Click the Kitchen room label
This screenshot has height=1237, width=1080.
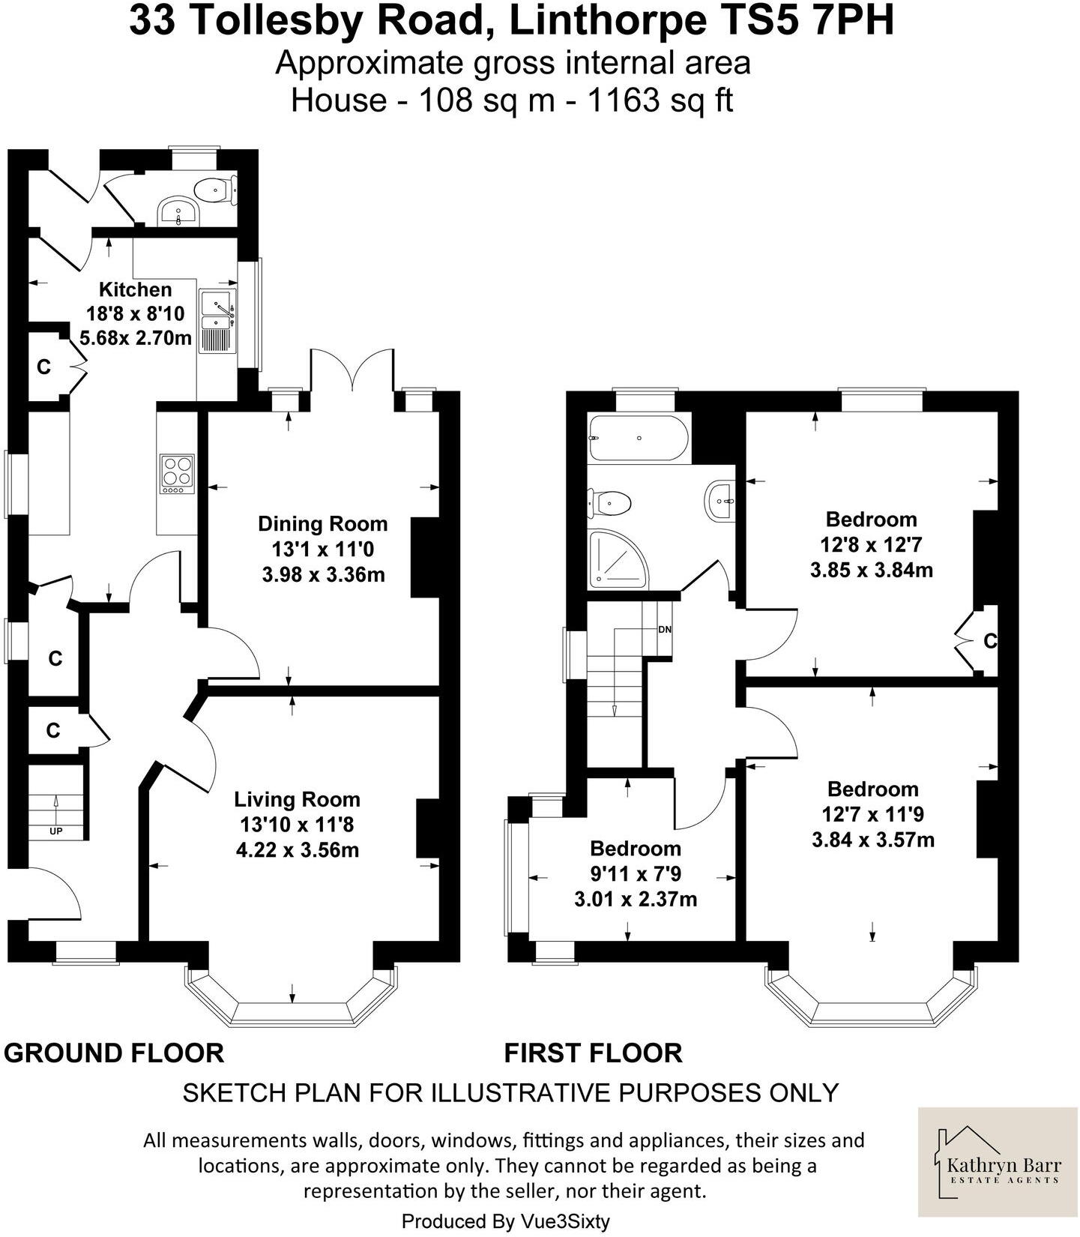tap(135, 289)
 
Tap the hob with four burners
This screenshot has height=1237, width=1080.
tap(177, 474)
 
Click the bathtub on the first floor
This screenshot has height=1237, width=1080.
tap(638, 438)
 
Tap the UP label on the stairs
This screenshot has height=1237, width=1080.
tap(56, 831)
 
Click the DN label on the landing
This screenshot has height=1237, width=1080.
tap(664, 630)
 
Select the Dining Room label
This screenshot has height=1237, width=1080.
tap(323, 523)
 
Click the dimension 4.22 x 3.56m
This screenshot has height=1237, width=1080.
tap(298, 850)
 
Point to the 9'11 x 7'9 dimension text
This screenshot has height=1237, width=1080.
tap(636, 873)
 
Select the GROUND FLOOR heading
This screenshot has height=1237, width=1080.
tap(114, 1053)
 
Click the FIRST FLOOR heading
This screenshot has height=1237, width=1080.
tap(593, 1053)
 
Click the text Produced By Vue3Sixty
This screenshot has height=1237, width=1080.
tap(506, 1221)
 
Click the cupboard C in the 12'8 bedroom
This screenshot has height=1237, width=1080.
tap(989, 641)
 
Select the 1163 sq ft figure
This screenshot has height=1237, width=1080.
tap(660, 100)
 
